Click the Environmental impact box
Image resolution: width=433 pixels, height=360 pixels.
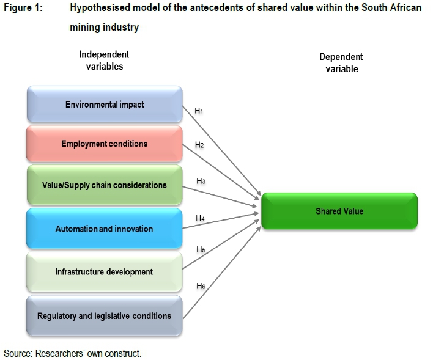pyautogui.click(x=105, y=105)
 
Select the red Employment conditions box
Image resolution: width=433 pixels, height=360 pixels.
pyautogui.click(x=105, y=144)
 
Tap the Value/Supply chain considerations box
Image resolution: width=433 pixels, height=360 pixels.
pyautogui.click(x=105, y=185)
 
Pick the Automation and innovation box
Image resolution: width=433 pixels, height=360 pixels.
pyautogui.click(x=105, y=229)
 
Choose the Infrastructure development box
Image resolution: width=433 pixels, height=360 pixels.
pyautogui.click(x=105, y=271)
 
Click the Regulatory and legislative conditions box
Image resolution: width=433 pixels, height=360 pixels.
pyautogui.click(x=105, y=316)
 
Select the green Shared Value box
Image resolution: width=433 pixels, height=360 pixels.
pyautogui.click(x=339, y=211)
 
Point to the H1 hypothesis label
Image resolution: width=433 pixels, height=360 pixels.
pyautogui.click(x=199, y=111)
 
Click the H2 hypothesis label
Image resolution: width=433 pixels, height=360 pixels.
pyautogui.click(x=199, y=145)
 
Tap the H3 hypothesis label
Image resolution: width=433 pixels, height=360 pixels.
pyautogui.click(x=201, y=182)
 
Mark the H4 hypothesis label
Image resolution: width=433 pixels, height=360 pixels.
pyautogui.click(x=200, y=218)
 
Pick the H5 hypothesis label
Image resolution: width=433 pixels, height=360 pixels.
pyautogui.click(x=201, y=250)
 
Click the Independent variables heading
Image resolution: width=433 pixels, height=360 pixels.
pyautogui.click(x=104, y=61)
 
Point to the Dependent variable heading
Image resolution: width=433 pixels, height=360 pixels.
pyautogui.click(x=341, y=63)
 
